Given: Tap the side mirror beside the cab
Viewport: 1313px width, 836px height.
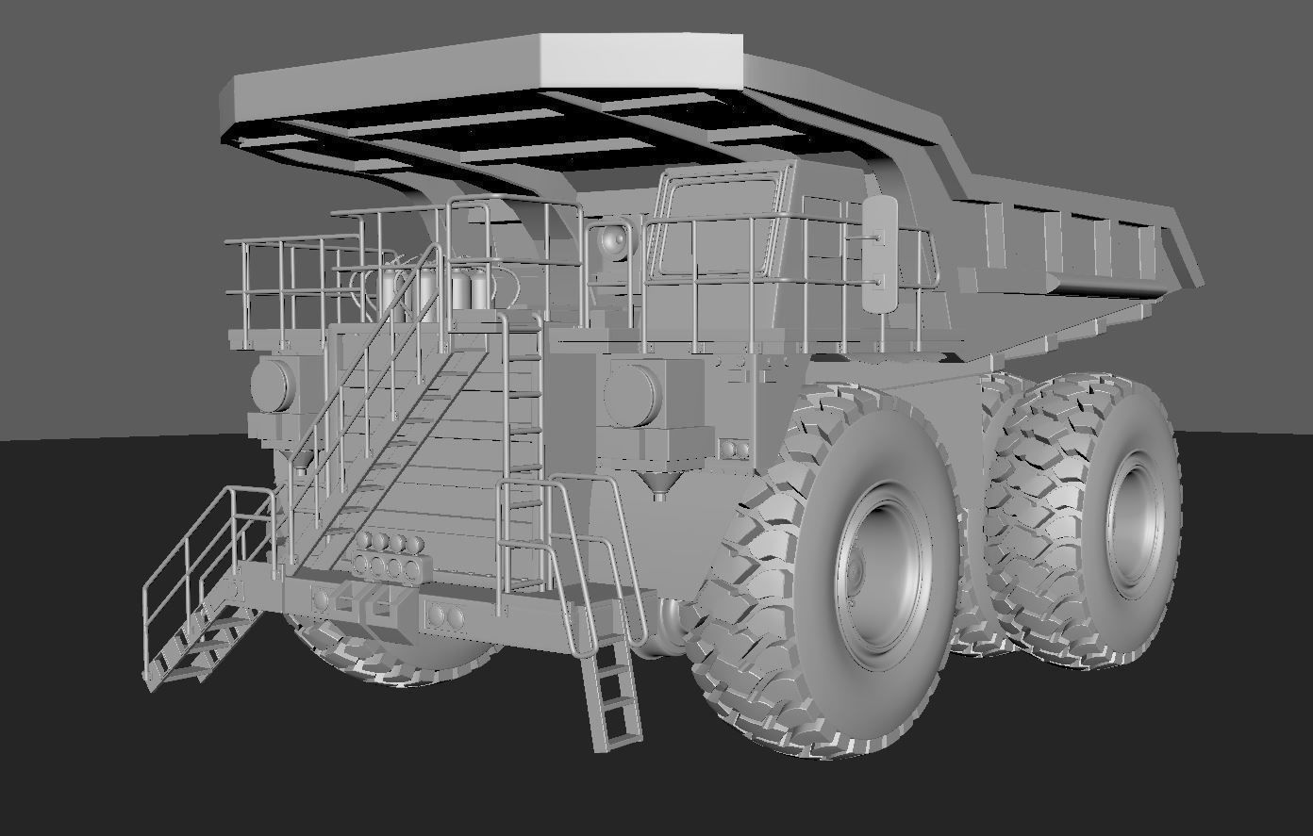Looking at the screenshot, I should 881,255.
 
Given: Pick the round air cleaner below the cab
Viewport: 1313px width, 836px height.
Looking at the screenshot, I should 632,393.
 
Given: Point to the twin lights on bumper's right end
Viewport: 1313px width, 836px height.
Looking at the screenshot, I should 444,617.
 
